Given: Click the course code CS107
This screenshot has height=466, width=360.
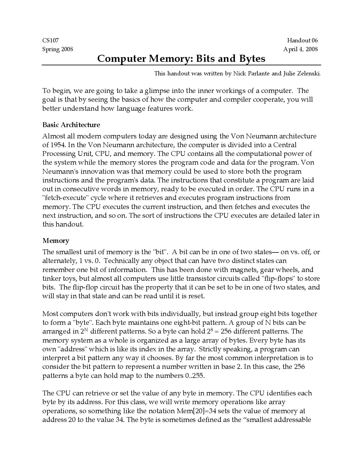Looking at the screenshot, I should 50,41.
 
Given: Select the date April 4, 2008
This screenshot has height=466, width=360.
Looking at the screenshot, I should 300,49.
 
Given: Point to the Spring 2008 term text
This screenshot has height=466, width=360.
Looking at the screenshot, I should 57,49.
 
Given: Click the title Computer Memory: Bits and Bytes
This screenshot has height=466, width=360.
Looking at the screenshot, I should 181,59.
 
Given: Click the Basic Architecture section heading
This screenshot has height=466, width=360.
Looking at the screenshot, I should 71,125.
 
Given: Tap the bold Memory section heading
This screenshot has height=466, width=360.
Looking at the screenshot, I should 56,241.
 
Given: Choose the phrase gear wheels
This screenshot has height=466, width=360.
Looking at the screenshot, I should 279,270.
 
